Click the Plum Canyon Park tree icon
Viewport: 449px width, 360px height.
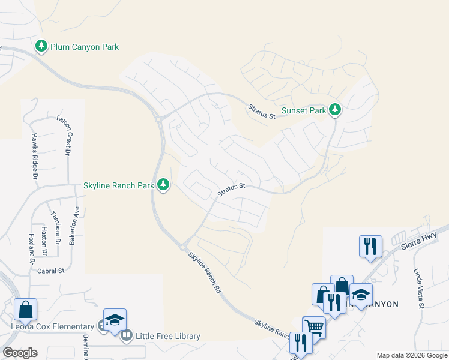click(x=41, y=46)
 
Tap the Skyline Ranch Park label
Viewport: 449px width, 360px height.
click(x=119, y=185)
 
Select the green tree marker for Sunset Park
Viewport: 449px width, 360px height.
click(x=336, y=110)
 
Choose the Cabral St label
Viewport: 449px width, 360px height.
click(x=50, y=271)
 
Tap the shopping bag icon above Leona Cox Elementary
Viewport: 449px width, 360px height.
click(x=26, y=309)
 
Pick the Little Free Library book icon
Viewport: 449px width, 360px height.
click(x=127, y=335)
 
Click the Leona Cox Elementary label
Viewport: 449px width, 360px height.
click(x=49, y=326)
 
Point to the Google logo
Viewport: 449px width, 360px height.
click(x=20, y=353)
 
